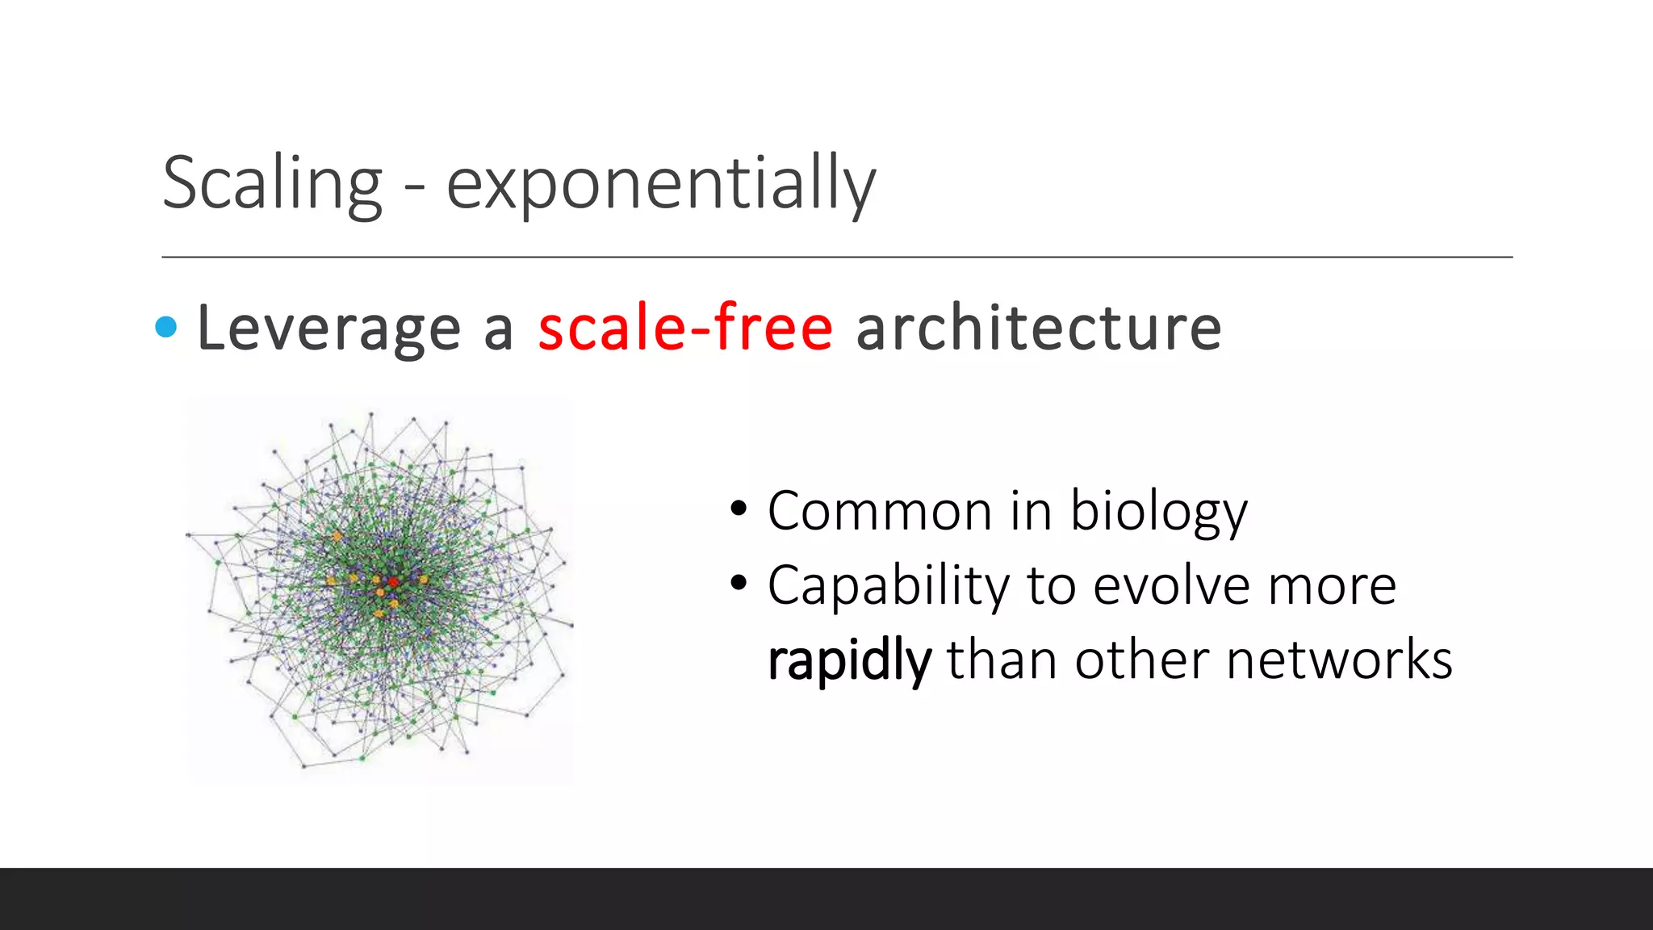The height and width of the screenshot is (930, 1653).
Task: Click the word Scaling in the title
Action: (272, 184)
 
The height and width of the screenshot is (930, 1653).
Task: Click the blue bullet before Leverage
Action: (166, 327)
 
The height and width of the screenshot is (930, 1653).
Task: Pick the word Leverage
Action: (329, 329)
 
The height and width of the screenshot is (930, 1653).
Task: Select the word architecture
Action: (1038, 329)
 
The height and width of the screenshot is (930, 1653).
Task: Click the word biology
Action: (1158, 513)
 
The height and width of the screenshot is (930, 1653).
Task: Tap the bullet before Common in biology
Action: (738, 509)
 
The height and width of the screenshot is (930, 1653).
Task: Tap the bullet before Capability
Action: (738, 584)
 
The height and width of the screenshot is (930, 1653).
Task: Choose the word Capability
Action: (889, 586)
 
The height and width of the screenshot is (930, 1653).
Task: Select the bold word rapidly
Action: (849, 660)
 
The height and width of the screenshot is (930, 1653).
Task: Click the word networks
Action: (1339, 660)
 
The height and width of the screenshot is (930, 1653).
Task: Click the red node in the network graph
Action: (393, 581)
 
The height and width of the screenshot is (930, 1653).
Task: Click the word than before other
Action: (1002, 660)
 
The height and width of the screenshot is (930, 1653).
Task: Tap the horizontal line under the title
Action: (836, 257)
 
